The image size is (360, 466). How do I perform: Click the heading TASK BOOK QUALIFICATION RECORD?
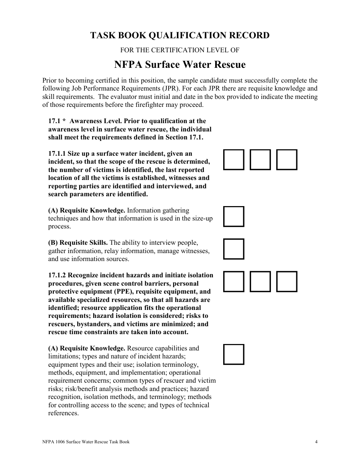click(x=180, y=36)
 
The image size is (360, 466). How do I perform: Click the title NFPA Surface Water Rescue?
click(x=180, y=65)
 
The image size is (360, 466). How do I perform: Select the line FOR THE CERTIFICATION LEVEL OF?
click(x=180, y=50)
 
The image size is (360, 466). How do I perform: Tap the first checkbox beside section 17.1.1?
click(x=233, y=160)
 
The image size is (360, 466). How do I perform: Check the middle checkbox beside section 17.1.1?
click(x=260, y=160)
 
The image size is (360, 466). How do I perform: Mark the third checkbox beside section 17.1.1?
click(x=286, y=160)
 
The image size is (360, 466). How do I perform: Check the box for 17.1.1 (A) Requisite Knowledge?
click(x=233, y=216)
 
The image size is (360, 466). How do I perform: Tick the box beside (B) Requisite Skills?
click(x=233, y=249)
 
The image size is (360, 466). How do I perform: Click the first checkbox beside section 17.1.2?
click(x=233, y=281)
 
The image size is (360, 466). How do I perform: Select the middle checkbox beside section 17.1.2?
click(x=260, y=281)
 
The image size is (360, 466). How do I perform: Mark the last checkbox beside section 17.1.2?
click(x=286, y=281)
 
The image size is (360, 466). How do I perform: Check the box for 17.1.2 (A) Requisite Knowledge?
click(x=233, y=354)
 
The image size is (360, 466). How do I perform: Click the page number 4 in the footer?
click(x=316, y=442)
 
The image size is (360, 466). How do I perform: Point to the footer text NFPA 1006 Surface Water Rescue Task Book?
click(x=86, y=442)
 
